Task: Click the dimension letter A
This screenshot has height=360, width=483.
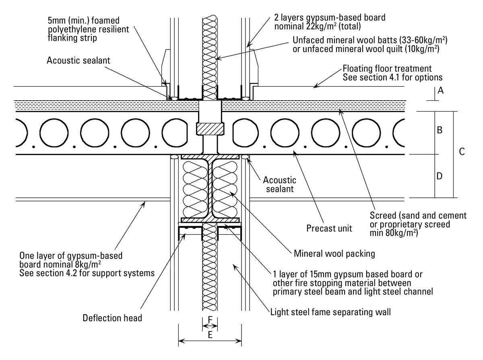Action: [x=440, y=90]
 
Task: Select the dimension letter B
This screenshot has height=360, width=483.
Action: [x=440, y=130]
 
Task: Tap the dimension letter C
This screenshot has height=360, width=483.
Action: [x=462, y=152]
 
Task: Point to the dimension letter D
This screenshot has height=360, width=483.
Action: [x=440, y=176]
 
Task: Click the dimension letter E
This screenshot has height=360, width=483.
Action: [x=210, y=335]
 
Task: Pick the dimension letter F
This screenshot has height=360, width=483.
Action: [x=210, y=319]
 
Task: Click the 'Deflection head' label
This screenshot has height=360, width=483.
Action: [x=112, y=318]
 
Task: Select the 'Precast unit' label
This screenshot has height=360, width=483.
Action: [x=329, y=228]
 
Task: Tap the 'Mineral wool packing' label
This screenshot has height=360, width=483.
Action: [x=334, y=254]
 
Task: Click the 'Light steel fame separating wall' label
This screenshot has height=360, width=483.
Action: [x=330, y=312]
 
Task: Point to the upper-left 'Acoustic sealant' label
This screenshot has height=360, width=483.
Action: [x=78, y=60]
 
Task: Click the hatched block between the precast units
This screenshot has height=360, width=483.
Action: [x=210, y=129]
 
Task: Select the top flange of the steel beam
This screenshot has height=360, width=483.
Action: [x=210, y=157]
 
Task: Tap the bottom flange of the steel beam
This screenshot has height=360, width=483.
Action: [x=210, y=220]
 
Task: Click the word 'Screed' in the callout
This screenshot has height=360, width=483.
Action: [x=383, y=215]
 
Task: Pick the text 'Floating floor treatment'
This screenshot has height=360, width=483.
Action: [x=387, y=68]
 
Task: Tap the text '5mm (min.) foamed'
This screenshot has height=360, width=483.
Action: [x=84, y=21]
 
